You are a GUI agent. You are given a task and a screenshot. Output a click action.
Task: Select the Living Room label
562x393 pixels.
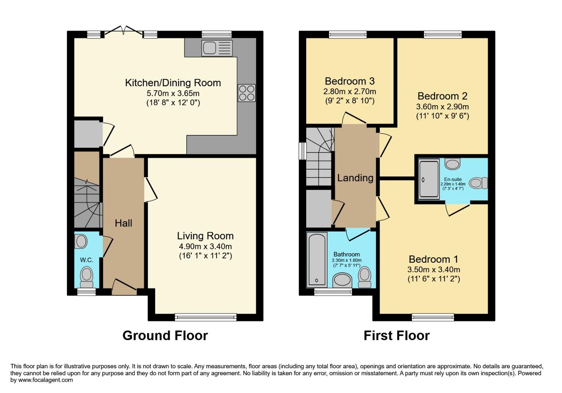(x=205, y=236)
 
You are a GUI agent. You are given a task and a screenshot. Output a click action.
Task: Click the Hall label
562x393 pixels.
(x=124, y=223)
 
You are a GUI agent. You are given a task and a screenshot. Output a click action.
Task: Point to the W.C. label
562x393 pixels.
(x=86, y=260)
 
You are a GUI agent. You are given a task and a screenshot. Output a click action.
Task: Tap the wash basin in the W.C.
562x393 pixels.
(x=81, y=241)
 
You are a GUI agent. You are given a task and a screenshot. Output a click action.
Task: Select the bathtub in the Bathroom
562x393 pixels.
(x=316, y=259)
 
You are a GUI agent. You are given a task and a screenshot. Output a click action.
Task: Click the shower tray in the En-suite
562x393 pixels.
(x=428, y=179)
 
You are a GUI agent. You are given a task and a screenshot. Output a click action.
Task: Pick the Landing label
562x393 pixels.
(x=355, y=178)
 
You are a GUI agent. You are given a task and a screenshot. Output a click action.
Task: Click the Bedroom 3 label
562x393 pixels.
(x=350, y=81)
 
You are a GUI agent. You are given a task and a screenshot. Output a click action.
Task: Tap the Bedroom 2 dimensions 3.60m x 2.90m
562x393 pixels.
(x=442, y=107)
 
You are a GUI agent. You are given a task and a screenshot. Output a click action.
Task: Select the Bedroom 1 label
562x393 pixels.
(x=433, y=259)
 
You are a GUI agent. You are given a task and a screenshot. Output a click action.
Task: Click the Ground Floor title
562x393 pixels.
(x=165, y=335)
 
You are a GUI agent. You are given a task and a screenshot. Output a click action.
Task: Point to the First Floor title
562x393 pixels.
(x=397, y=335)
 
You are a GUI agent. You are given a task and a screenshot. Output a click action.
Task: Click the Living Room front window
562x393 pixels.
(x=206, y=317)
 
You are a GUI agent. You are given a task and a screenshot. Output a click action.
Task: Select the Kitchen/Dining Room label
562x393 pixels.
(x=173, y=83)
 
